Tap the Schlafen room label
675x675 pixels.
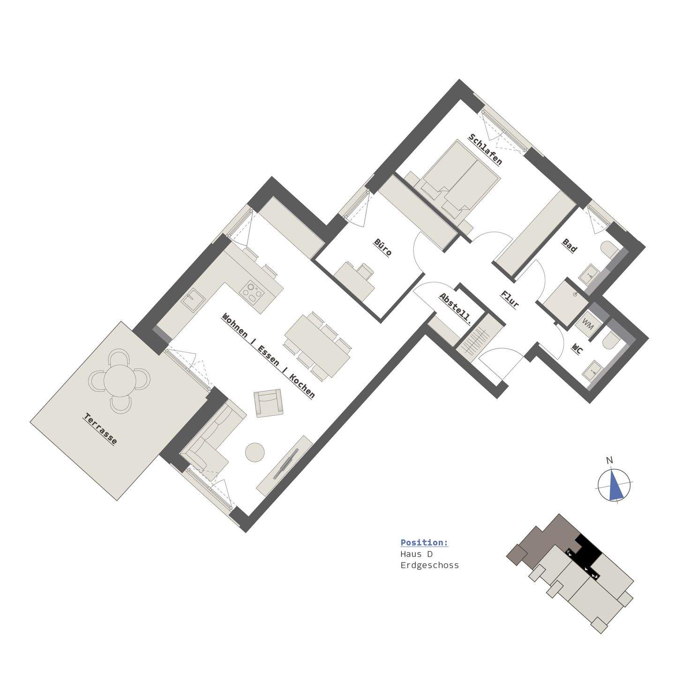(x=485, y=149)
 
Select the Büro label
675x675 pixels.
(x=382, y=247)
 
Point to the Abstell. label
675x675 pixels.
(x=455, y=308)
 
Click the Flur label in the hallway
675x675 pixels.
(x=510, y=299)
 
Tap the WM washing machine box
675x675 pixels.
(x=587, y=323)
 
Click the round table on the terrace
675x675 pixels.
(x=120, y=380)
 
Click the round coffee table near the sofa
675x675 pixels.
(x=255, y=452)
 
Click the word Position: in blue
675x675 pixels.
(x=424, y=543)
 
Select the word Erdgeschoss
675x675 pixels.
(x=429, y=565)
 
